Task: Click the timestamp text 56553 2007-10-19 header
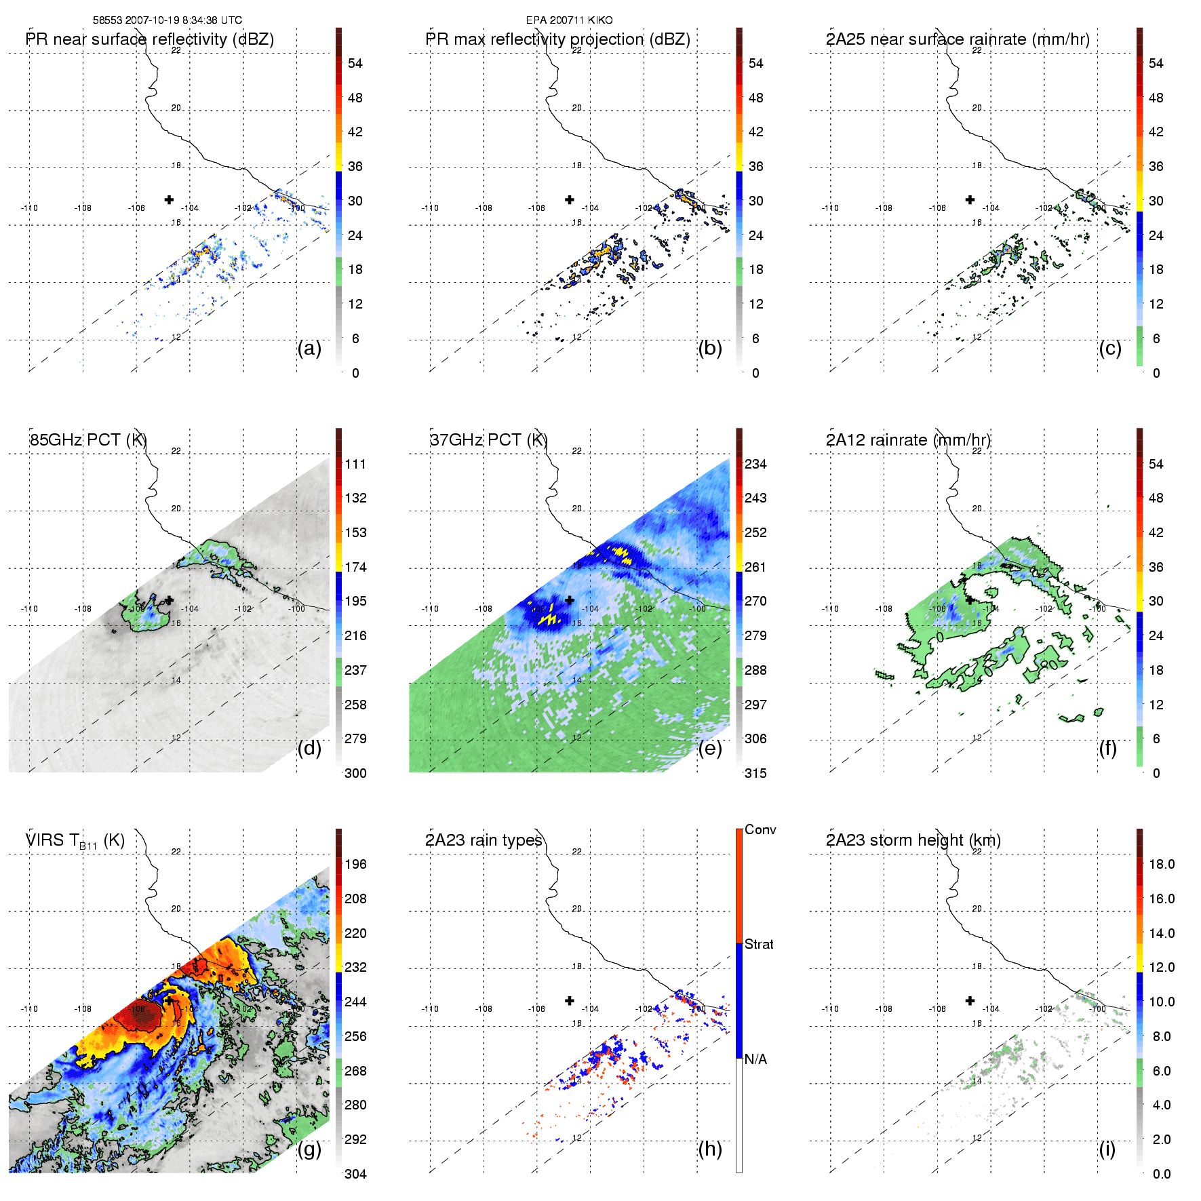coord(167,20)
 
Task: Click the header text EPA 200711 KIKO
coord(569,20)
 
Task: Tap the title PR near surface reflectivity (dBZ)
coord(150,39)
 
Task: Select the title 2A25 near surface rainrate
coord(958,39)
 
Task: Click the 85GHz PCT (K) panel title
coord(88,440)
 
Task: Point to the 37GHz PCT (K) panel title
coord(488,440)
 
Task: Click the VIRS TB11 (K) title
coord(75,841)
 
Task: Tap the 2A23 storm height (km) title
coord(913,841)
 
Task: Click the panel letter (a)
coord(309,349)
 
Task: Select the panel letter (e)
coord(710,749)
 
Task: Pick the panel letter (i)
coord(1107,1149)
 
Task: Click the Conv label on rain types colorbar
coord(760,830)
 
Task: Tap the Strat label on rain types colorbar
coord(759,945)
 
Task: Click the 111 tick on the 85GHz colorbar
coord(355,465)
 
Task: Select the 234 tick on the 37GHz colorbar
coord(755,465)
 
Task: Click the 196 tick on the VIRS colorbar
coord(355,865)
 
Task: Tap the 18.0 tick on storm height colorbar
coord(1161,865)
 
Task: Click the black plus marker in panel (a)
coord(169,199)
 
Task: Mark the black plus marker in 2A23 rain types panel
coord(570,1001)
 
